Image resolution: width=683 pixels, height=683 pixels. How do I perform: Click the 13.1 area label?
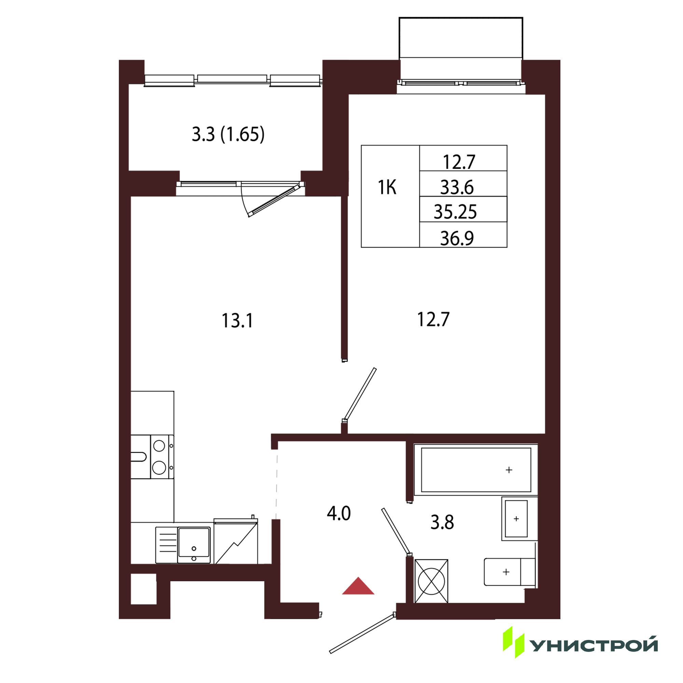click(x=237, y=321)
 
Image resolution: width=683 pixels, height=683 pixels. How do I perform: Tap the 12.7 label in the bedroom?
click(x=433, y=319)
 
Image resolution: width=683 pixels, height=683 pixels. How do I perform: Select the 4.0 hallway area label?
click(x=339, y=513)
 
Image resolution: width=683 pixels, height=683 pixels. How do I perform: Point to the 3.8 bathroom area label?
click(x=442, y=522)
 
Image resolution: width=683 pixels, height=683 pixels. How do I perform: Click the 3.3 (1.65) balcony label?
click(x=228, y=134)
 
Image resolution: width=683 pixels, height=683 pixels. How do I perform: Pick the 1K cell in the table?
click(x=387, y=187)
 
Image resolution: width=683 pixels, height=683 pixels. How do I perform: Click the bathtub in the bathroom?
click(x=476, y=470)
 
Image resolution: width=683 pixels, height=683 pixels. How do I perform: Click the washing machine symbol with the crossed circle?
click(x=431, y=581)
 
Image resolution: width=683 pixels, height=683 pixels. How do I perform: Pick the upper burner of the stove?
click(x=159, y=445)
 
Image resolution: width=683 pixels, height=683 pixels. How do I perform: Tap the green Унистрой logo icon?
click(x=513, y=644)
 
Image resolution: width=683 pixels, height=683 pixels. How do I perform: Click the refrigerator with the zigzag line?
click(x=236, y=541)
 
